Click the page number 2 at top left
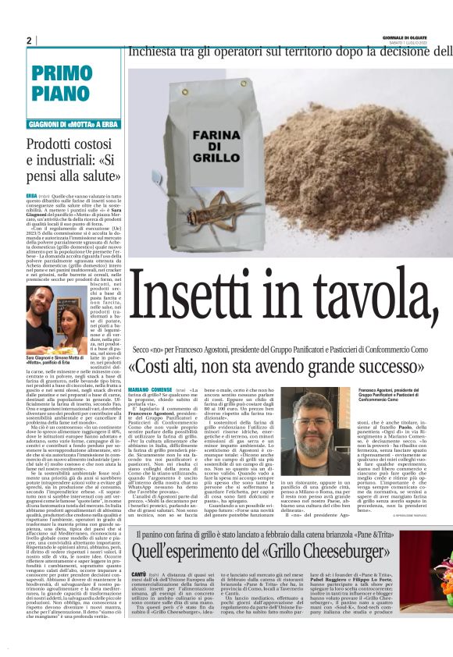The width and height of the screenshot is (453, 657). [x=30, y=41]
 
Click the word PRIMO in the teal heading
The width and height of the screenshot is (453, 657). [x=63, y=74]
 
